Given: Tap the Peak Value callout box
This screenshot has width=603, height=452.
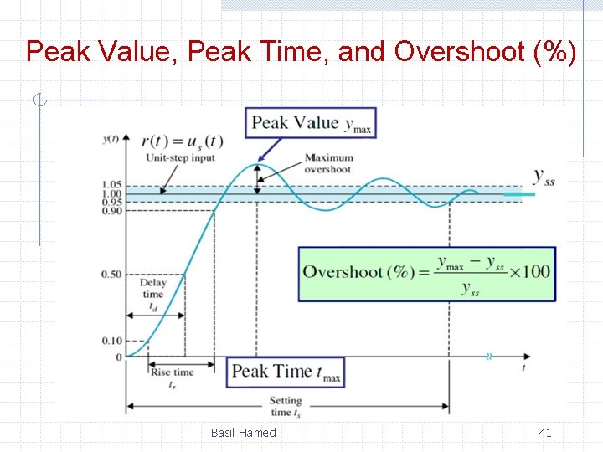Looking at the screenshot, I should coord(311,124).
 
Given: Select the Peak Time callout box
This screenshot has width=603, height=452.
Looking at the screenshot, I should coord(285,372).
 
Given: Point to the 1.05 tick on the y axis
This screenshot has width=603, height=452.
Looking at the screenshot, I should coord(112,185).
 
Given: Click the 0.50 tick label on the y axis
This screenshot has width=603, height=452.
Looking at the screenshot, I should coord(112,275).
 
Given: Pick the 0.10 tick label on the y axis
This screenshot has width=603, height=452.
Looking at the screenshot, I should coord(112,341).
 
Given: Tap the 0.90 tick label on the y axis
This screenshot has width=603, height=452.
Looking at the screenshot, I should coord(112,211).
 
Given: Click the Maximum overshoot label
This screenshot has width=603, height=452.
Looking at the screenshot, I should coord(328,163).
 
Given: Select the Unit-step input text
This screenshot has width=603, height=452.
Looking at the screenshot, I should coord(180,157).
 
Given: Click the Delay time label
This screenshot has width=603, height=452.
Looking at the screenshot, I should coord(152,289).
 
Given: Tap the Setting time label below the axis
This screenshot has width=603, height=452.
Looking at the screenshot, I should coord(286,407).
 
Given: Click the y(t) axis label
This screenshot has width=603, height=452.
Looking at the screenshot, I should coord(110,139).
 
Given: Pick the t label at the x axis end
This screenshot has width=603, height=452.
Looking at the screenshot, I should coord(524,367).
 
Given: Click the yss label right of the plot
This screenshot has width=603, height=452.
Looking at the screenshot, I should coord(544,177).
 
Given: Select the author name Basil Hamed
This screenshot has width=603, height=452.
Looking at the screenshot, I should coord(243,433).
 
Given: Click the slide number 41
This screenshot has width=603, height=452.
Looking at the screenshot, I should coord(544,433).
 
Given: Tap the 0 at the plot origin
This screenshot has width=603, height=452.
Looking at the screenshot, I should coord(118,357).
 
